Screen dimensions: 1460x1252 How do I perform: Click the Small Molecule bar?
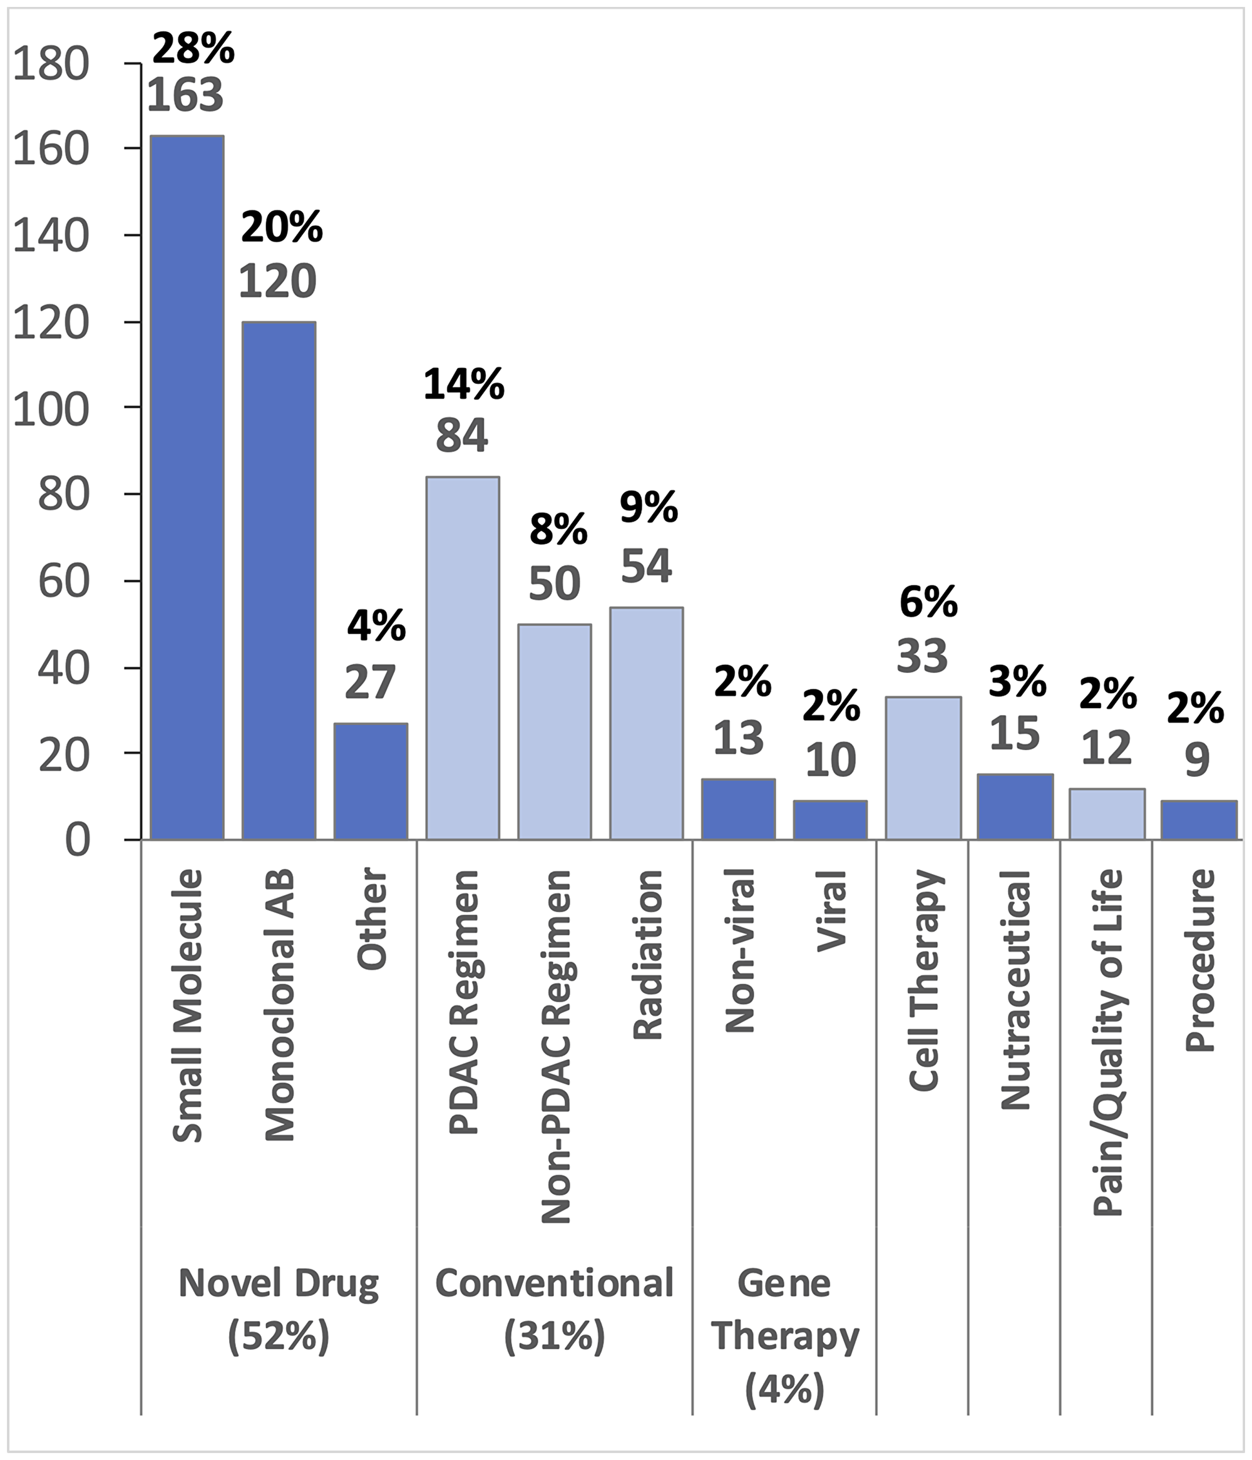click(187, 486)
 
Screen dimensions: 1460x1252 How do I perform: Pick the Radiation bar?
click(646, 723)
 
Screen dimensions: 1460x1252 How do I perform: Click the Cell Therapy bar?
click(922, 768)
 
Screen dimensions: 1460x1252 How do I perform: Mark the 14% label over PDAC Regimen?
click(464, 385)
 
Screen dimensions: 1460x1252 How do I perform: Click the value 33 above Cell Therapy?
click(922, 656)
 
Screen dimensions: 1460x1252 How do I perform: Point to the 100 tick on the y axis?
click(51, 409)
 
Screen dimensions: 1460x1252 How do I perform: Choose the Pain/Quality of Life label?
click(1107, 1043)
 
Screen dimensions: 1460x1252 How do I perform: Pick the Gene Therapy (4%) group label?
click(784, 1336)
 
